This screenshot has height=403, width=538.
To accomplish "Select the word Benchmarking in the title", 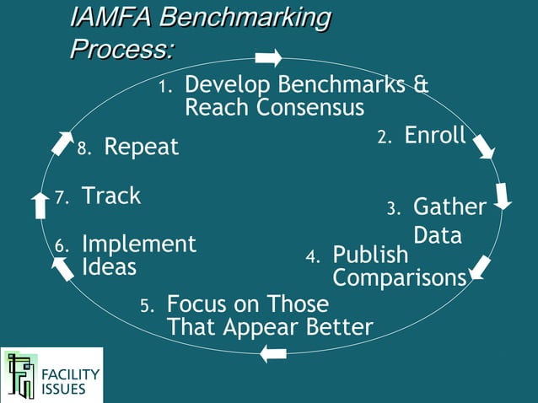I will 245,18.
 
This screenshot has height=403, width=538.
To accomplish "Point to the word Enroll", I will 435,136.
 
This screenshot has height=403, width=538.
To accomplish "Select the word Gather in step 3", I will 449,207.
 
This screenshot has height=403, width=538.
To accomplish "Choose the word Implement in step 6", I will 138,244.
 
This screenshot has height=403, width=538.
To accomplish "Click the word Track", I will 110,196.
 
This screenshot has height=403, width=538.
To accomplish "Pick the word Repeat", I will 141,148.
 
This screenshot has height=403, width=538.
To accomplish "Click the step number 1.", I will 165,87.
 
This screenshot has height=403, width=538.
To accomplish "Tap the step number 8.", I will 83,149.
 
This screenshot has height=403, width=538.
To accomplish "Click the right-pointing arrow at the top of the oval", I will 268,57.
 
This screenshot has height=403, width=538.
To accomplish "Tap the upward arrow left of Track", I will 40,205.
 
